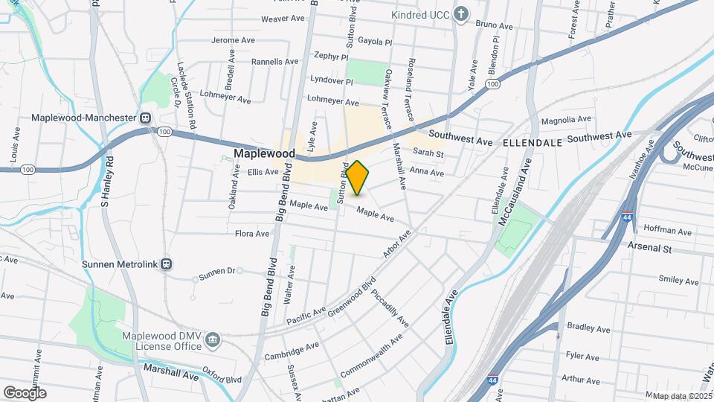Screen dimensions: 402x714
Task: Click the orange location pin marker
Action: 358,178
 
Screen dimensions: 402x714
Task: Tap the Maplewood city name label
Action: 264,154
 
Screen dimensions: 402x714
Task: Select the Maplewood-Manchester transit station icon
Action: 147,118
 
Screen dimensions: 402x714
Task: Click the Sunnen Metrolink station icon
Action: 167,264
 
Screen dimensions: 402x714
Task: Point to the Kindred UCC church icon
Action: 462,15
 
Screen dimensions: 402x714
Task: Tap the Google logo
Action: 25,392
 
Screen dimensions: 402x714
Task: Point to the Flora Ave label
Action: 251,234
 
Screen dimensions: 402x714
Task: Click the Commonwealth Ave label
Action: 371,355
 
